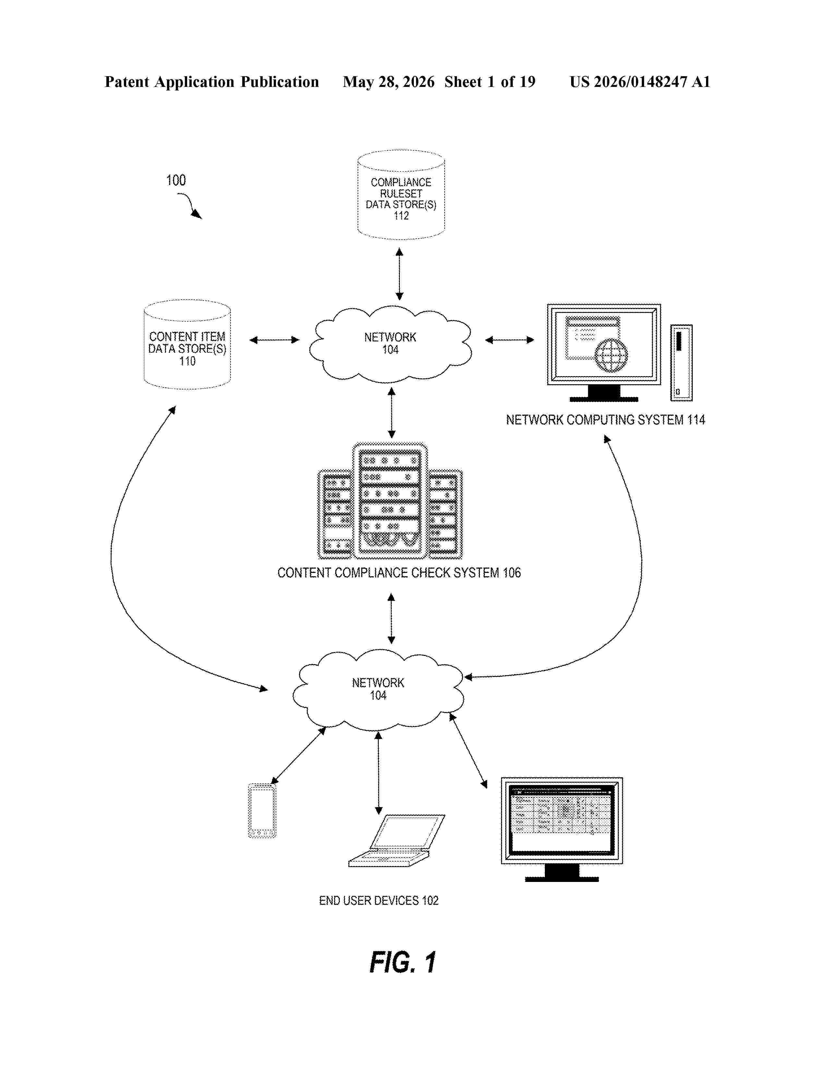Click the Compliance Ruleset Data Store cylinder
click(x=401, y=195)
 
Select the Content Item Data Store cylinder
click(x=187, y=344)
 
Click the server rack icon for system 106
click(x=390, y=501)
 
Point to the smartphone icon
click(x=262, y=811)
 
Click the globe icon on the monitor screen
click(x=611, y=355)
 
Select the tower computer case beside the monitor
click(x=681, y=363)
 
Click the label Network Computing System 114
click(x=605, y=420)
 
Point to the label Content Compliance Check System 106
click(x=399, y=573)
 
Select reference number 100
click(x=176, y=180)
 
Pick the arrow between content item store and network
click(x=274, y=339)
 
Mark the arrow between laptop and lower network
click(x=378, y=773)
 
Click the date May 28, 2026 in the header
click(x=389, y=82)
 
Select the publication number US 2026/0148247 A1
click(x=640, y=82)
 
